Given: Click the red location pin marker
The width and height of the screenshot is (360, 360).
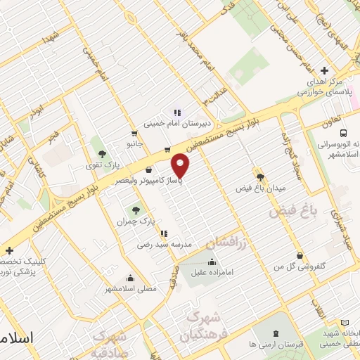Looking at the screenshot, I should pyautogui.click(x=181, y=165).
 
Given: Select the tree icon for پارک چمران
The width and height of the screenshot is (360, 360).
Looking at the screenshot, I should pyautogui.click(x=135, y=210).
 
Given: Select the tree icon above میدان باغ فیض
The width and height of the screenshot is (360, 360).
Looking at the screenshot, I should pyautogui.click(x=259, y=177).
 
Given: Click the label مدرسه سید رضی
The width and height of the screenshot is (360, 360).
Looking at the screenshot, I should pyautogui.click(x=164, y=245).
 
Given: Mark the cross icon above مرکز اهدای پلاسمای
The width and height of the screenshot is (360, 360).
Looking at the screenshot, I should pyautogui.click(x=323, y=70).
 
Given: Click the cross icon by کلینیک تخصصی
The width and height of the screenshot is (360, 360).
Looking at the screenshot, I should pyautogui.click(x=8, y=250).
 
